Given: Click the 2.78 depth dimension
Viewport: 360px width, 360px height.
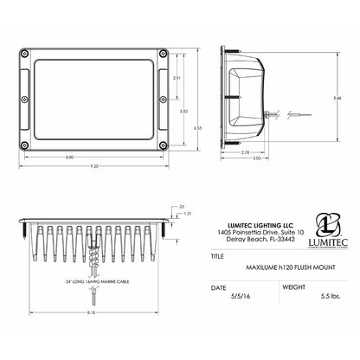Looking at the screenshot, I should click(x=247, y=152).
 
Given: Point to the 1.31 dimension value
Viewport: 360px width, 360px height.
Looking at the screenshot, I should click(x=185, y=213).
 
